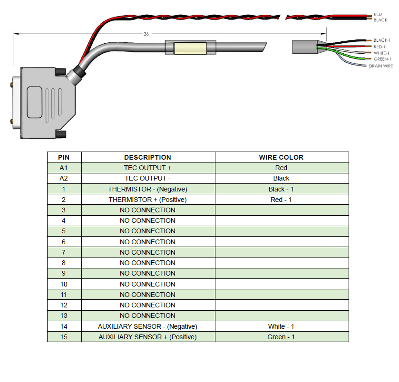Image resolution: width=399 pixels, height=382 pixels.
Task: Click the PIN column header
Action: tap(64, 157)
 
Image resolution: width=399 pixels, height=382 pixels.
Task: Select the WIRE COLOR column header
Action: tap(281, 157)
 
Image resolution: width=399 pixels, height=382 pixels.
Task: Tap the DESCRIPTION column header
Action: tap(147, 157)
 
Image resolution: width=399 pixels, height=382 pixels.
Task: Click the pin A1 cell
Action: tap(64, 168)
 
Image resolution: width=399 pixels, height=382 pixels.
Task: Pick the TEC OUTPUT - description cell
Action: tap(147, 178)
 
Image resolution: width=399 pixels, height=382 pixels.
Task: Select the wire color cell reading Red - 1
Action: tap(281, 200)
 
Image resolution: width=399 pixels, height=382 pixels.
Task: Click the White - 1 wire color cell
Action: tap(281, 326)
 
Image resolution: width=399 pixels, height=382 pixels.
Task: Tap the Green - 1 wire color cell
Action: tap(281, 337)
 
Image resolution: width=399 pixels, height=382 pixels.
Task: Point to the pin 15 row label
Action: tap(64, 337)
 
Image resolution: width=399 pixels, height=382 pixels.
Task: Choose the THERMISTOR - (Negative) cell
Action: tap(147, 189)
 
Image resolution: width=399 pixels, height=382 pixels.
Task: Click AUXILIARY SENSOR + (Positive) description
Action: tap(147, 337)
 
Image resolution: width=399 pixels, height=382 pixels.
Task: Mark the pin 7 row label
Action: tap(64, 252)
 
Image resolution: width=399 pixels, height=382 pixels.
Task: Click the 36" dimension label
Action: tap(146, 34)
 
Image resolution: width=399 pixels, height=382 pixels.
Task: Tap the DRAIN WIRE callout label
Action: tap(380, 66)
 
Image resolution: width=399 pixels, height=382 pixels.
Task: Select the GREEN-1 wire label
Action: tap(382, 59)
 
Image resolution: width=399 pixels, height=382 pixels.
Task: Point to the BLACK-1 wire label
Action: tap(382, 40)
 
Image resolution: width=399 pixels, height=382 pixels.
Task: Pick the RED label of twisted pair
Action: tap(378, 14)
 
